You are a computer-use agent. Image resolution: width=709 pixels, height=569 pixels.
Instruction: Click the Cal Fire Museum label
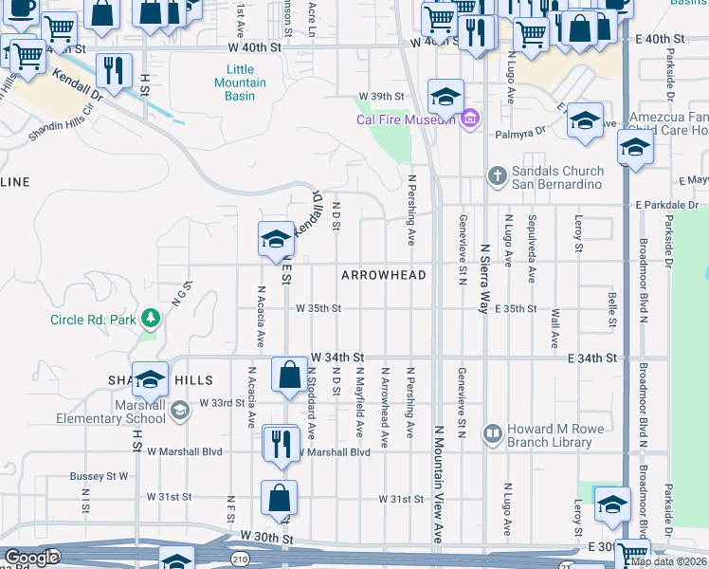[x=407, y=119]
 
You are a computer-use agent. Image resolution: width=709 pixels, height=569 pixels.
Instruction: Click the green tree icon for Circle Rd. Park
[x=149, y=317]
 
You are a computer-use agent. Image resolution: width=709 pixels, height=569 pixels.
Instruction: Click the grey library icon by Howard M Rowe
[x=492, y=433]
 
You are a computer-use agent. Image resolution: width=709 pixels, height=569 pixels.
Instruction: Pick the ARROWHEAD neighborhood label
[x=384, y=275]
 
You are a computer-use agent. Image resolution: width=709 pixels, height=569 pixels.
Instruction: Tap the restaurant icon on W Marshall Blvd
[x=280, y=445]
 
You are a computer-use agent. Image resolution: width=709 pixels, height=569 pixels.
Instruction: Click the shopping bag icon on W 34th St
[x=288, y=375]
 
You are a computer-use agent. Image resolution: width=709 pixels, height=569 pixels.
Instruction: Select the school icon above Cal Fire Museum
[x=445, y=96]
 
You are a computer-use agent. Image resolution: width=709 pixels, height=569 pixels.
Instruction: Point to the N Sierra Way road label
[x=483, y=275]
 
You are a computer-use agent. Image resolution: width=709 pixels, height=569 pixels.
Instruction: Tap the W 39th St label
[x=381, y=97]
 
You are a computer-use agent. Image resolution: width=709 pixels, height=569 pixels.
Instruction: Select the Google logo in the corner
[x=31, y=558]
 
